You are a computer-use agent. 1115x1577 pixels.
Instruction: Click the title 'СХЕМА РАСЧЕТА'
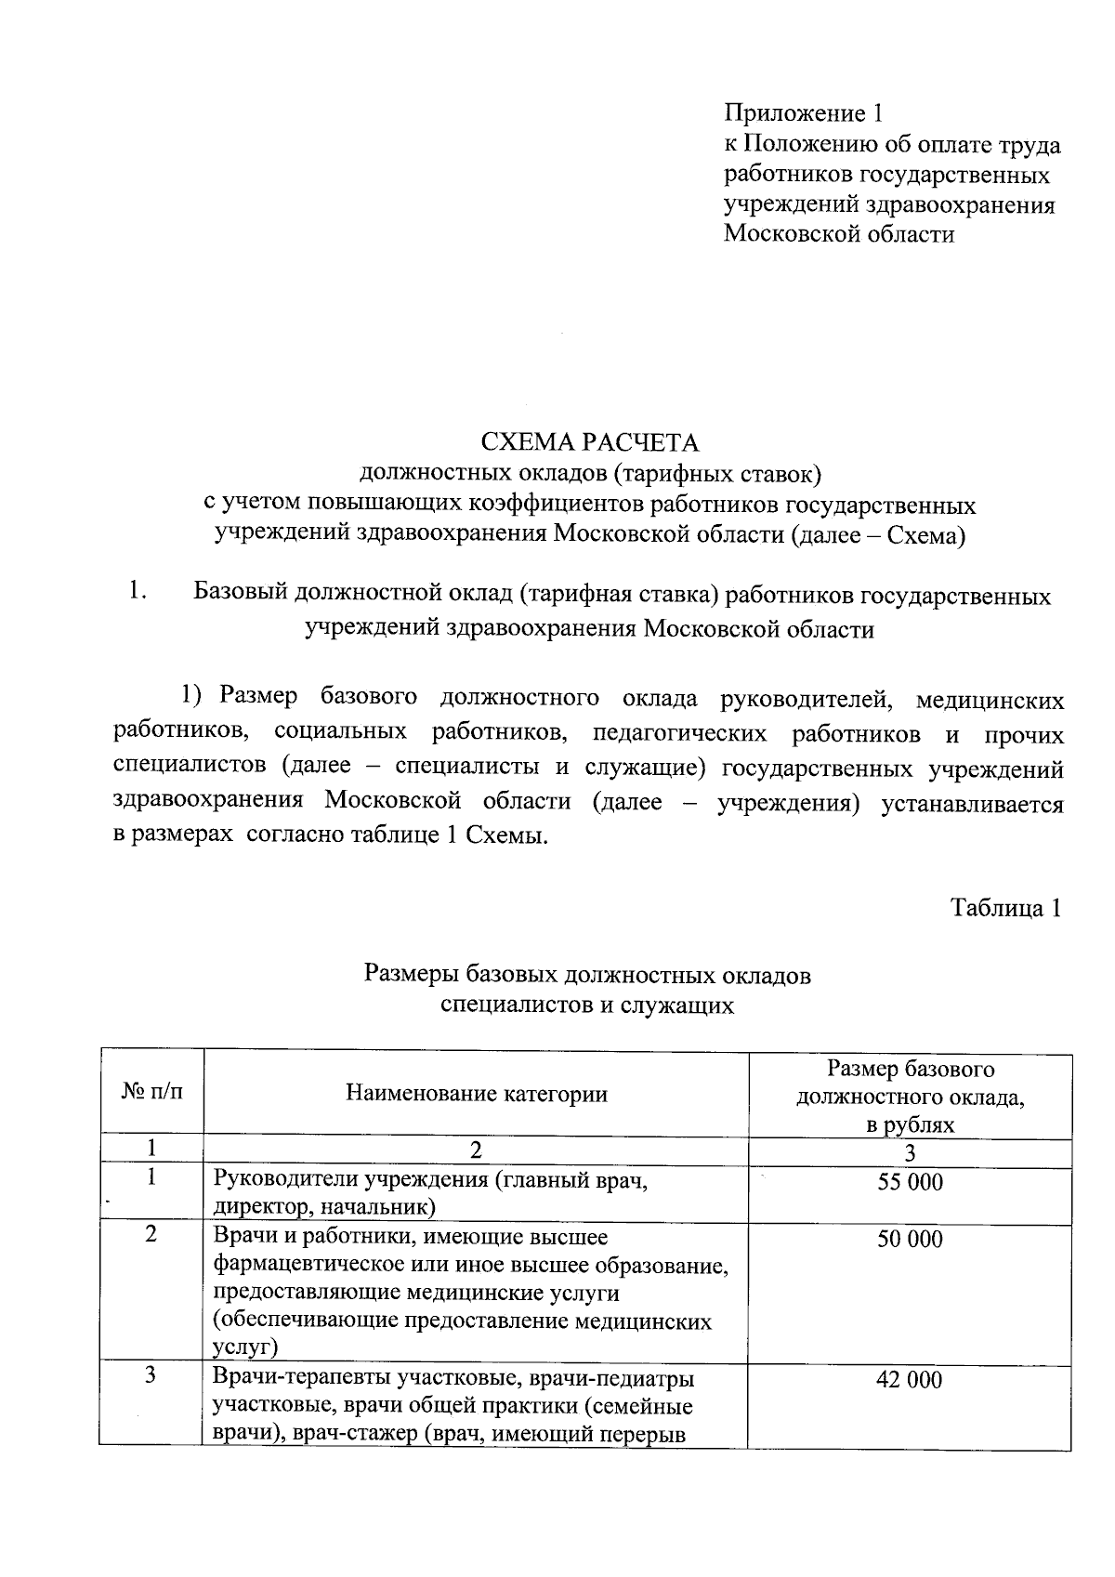[588, 442]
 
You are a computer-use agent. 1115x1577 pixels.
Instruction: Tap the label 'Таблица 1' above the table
[1004, 908]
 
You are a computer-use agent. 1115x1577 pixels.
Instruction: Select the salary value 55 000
[910, 1182]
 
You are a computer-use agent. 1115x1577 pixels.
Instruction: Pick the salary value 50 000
[910, 1239]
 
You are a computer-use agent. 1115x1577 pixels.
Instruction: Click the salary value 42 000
[910, 1379]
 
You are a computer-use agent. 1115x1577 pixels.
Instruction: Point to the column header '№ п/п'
[151, 1093]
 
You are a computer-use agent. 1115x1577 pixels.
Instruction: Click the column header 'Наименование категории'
[476, 1094]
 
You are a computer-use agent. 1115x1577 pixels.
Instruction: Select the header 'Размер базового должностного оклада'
[910, 1084]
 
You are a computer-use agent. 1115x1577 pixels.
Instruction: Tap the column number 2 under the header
[476, 1151]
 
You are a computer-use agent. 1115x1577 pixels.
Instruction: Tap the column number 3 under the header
[910, 1152]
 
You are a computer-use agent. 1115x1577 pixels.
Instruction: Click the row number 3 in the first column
[151, 1376]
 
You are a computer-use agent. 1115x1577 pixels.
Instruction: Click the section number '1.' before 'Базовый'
[138, 591]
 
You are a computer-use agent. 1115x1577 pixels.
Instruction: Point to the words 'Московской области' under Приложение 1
[839, 234]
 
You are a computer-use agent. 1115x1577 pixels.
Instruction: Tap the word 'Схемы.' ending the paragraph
[507, 835]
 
